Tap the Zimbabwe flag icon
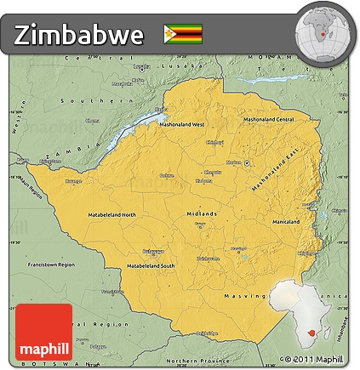coord(183,34)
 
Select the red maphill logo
coord(44,338)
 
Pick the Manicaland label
coord(285,222)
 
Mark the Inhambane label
coord(346,328)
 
